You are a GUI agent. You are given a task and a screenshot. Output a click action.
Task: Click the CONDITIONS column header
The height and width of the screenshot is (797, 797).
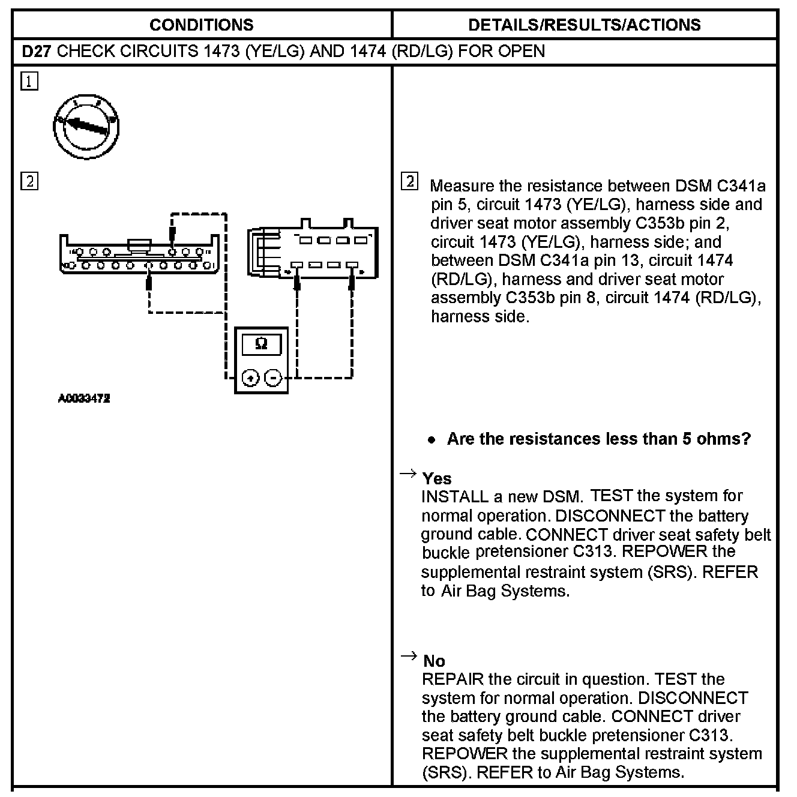[201, 25]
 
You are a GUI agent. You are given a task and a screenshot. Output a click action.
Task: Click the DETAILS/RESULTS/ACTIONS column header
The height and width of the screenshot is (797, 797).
[584, 25]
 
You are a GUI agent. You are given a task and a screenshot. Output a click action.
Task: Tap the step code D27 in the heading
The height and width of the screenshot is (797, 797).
[37, 51]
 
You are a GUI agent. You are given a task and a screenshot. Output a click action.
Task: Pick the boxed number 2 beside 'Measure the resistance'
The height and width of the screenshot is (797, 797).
[409, 181]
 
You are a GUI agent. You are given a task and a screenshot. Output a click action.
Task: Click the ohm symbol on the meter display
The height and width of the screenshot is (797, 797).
[261, 344]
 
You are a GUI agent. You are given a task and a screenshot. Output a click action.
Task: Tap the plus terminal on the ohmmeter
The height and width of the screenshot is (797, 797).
[250, 378]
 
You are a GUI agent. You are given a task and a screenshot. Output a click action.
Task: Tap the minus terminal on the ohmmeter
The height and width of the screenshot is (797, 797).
[273, 378]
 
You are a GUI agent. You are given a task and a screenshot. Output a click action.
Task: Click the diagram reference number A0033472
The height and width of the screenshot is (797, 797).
[84, 398]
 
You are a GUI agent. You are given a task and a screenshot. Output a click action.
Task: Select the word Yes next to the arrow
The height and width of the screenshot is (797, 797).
[437, 478]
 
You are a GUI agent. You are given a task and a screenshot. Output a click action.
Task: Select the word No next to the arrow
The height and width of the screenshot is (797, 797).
[434, 661]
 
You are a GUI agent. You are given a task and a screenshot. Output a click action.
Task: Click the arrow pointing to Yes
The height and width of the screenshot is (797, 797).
[408, 474]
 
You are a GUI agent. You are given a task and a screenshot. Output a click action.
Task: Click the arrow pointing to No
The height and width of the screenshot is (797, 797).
[408, 657]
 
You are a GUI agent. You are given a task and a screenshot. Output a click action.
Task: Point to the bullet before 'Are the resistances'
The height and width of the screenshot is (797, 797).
[432, 440]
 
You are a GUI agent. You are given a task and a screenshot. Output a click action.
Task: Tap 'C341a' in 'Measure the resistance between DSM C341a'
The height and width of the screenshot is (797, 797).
[742, 186]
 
